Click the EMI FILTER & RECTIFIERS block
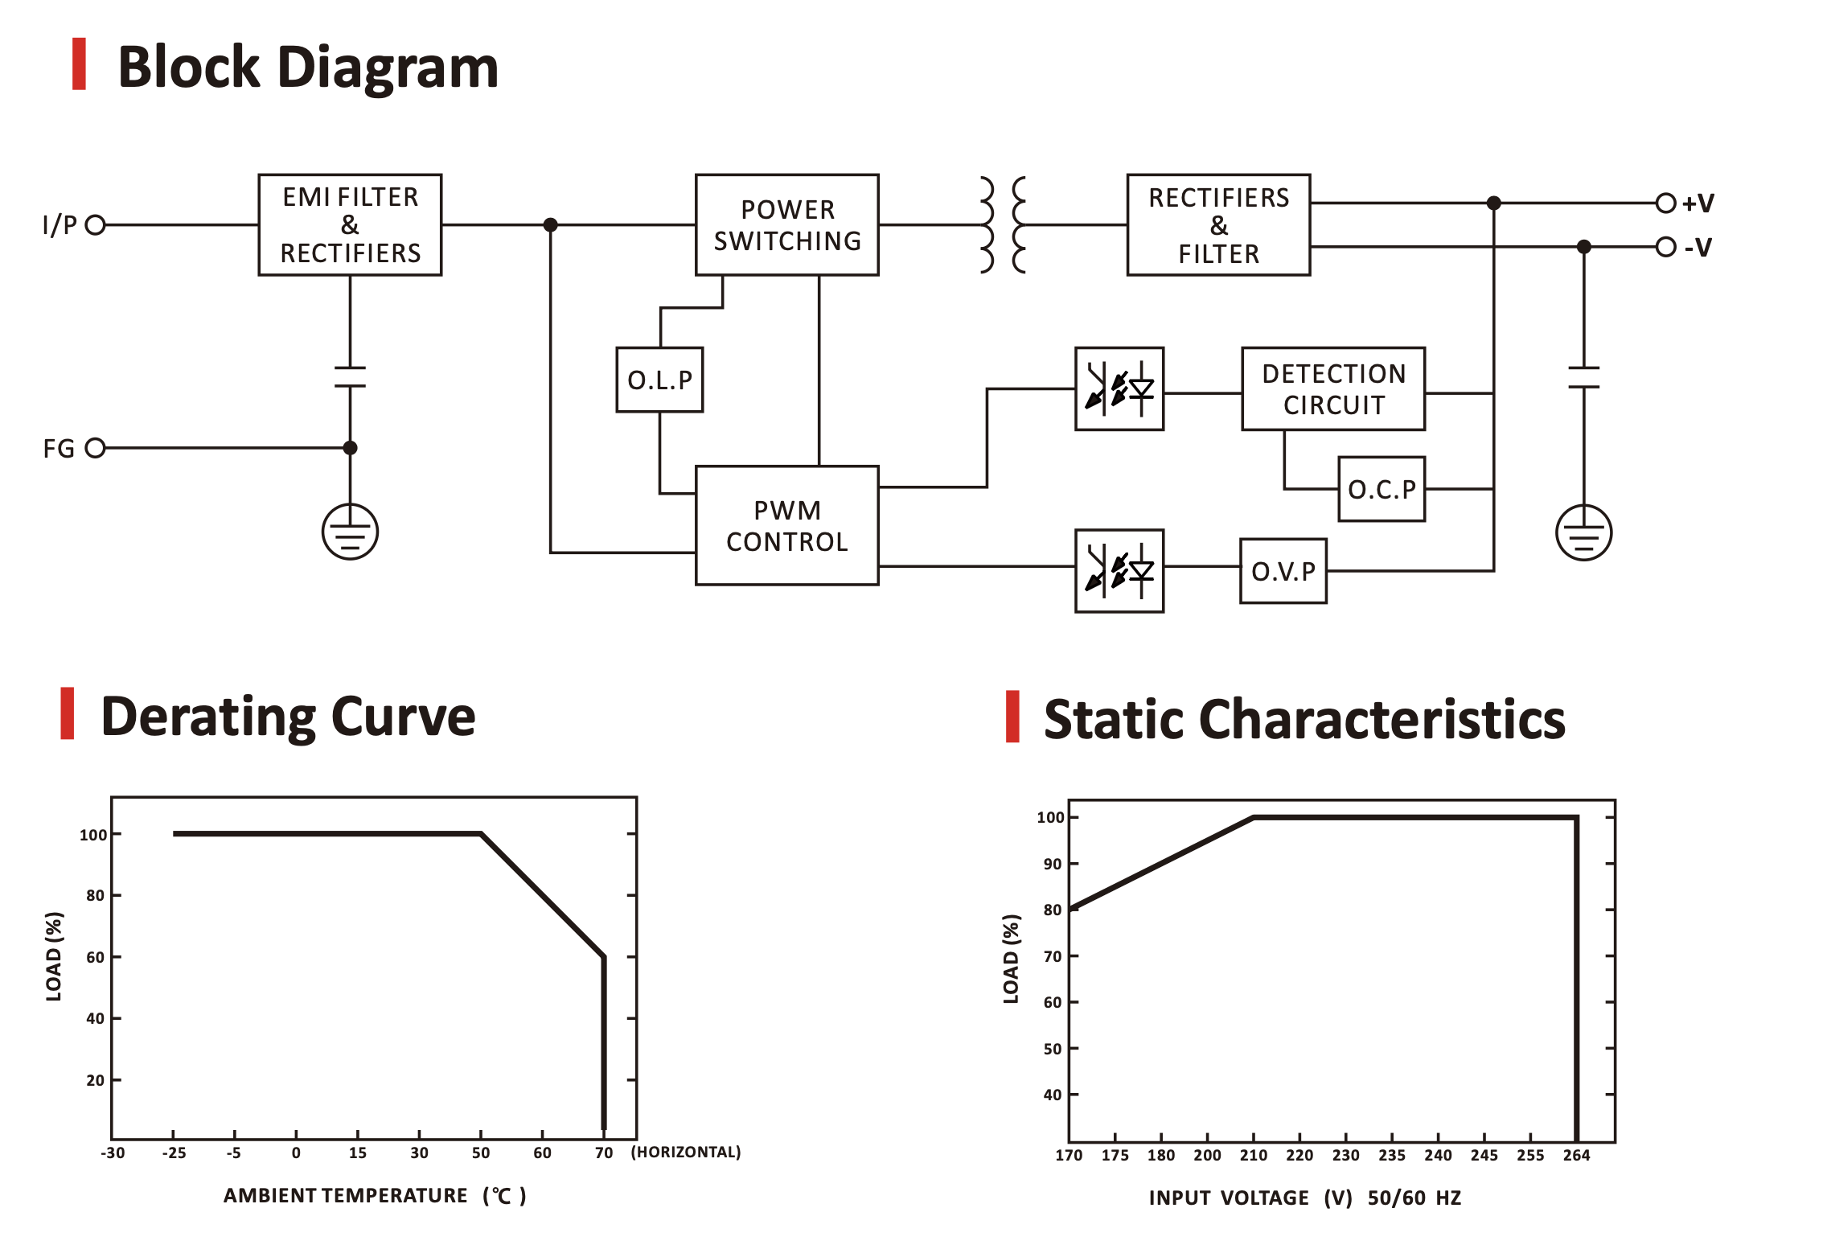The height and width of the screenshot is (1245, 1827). point(350,225)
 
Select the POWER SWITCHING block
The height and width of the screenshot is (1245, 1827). point(786,225)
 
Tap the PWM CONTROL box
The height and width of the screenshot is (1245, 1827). point(786,525)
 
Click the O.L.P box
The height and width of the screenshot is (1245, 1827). point(659,380)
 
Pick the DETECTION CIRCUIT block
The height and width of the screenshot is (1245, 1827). point(1333,389)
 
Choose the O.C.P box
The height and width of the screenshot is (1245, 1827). point(1382,489)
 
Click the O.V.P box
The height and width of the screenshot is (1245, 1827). point(1283,571)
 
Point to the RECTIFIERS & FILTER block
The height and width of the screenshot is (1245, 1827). point(1218,225)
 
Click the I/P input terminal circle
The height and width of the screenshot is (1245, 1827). point(96,224)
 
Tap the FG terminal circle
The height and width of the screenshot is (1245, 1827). point(96,448)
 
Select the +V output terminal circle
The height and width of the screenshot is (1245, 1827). point(1665,203)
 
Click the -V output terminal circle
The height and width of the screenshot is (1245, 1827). point(1665,246)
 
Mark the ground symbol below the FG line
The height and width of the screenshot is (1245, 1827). point(350,532)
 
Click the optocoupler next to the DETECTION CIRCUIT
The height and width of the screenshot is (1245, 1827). point(1119,389)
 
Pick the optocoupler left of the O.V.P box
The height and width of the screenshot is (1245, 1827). point(1119,571)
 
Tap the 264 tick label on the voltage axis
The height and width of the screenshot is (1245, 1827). point(1576,1155)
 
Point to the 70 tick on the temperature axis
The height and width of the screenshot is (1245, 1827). point(604,1153)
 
